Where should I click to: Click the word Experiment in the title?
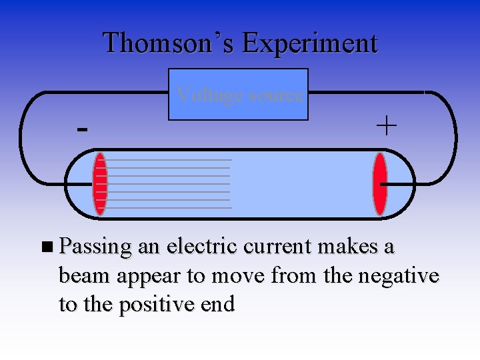(x=310, y=43)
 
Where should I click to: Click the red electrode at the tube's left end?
(x=100, y=184)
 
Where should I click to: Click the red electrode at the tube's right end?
(x=380, y=184)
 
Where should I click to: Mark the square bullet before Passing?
(x=45, y=247)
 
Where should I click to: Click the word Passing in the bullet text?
(x=95, y=247)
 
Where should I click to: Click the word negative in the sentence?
(x=399, y=275)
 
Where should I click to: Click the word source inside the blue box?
(x=276, y=95)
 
